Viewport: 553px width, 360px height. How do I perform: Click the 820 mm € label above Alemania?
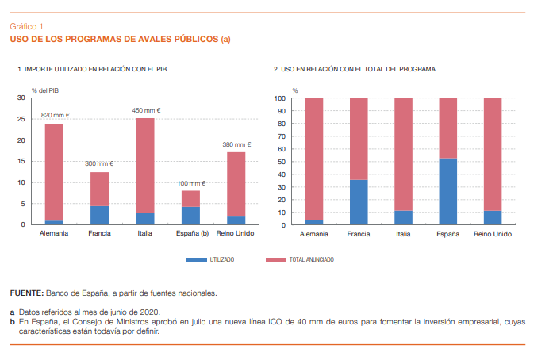click(55, 115)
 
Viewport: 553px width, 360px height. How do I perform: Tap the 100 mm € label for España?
click(191, 183)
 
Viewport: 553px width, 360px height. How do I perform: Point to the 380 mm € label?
click(236, 144)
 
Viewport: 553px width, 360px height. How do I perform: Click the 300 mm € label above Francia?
click(99, 163)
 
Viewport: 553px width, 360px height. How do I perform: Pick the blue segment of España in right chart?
click(447, 191)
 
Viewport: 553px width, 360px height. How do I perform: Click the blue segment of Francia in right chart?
click(359, 202)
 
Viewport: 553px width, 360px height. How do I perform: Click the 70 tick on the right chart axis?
click(280, 136)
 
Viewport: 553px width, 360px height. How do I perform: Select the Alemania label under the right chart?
click(314, 235)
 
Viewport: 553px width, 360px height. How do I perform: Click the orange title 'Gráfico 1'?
click(26, 27)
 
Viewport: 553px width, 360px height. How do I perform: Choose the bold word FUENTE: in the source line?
click(26, 293)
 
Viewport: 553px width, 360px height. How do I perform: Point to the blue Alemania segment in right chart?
click(314, 222)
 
